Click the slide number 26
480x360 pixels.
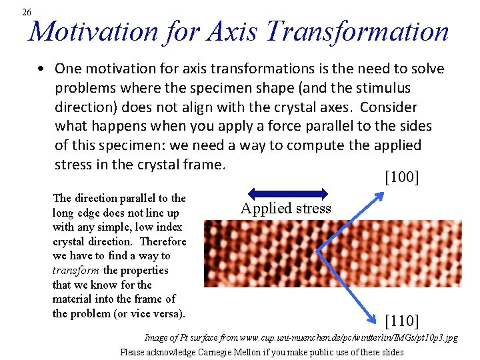(x=26, y=12)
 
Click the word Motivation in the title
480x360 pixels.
(x=95, y=31)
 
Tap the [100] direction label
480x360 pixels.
(x=402, y=177)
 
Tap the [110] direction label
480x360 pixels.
(x=402, y=322)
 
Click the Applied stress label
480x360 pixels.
(x=285, y=208)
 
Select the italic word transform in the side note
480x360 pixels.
(x=75, y=270)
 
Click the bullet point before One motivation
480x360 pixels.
(x=41, y=69)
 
